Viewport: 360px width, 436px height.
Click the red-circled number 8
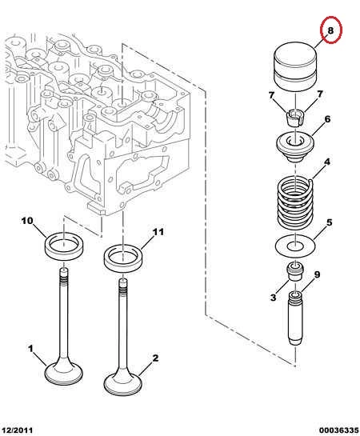(x=330, y=30)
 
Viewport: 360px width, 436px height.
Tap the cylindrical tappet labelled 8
(x=295, y=67)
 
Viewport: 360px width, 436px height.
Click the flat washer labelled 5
(x=295, y=246)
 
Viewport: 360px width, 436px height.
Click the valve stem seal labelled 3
(x=294, y=271)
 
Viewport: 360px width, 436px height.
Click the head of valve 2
(x=123, y=384)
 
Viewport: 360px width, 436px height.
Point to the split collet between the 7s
(x=295, y=118)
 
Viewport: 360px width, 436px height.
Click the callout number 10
(x=27, y=221)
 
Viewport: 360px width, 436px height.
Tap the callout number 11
(x=158, y=232)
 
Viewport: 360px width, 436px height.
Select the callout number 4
(x=327, y=162)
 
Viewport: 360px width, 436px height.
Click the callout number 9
(x=317, y=274)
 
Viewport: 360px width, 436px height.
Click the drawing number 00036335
(x=339, y=430)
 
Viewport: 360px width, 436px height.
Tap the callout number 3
(x=274, y=298)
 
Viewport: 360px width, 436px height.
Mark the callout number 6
(x=327, y=119)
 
